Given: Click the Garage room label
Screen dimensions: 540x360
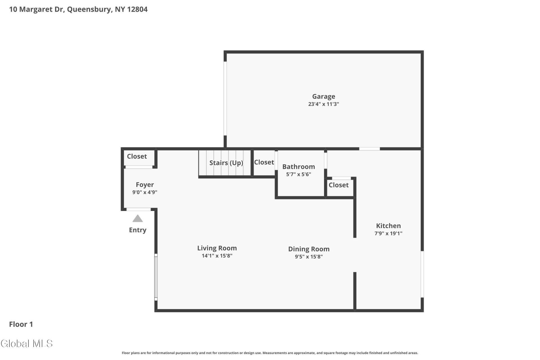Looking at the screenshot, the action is pyautogui.click(x=323, y=96).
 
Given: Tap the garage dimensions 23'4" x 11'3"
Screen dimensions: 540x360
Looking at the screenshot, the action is pyautogui.click(x=323, y=104).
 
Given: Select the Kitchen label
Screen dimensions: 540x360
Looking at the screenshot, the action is pyautogui.click(x=388, y=226).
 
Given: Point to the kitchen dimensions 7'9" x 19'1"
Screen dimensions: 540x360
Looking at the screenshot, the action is pyautogui.click(x=388, y=233).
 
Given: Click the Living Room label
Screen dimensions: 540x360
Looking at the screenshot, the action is pyautogui.click(x=217, y=248).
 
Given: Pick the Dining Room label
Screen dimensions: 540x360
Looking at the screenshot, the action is pyautogui.click(x=309, y=249).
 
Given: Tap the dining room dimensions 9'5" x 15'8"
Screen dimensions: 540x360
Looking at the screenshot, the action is pyautogui.click(x=309, y=256).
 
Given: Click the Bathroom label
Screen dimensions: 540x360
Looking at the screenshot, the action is pyautogui.click(x=298, y=166).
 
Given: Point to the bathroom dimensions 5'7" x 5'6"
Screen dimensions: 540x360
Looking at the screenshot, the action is pyautogui.click(x=298, y=174).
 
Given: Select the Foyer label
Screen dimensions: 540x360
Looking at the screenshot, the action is pyautogui.click(x=145, y=185).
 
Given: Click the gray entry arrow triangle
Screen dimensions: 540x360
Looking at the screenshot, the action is pyautogui.click(x=138, y=219).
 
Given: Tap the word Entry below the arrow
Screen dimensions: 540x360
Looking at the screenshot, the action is pyautogui.click(x=138, y=230).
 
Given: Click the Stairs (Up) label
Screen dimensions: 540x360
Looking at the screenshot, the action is pyautogui.click(x=226, y=163).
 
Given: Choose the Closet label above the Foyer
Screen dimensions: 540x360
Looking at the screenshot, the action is pyautogui.click(x=137, y=156).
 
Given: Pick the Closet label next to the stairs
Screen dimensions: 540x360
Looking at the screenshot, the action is pyautogui.click(x=264, y=162).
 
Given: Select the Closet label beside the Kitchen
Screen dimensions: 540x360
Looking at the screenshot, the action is pyautogui.click(x=338, y=185).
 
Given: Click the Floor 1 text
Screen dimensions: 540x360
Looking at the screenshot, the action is pyautogui.click(x=21, y=324).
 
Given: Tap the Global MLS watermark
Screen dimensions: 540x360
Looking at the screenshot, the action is pyautogui.click(x=27, y=343).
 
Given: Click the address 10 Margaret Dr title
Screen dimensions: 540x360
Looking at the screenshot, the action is pyautogui.click(x=78, y=9).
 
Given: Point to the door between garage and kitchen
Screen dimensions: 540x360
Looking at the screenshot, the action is pyautogui.click(x=369, y=149).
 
